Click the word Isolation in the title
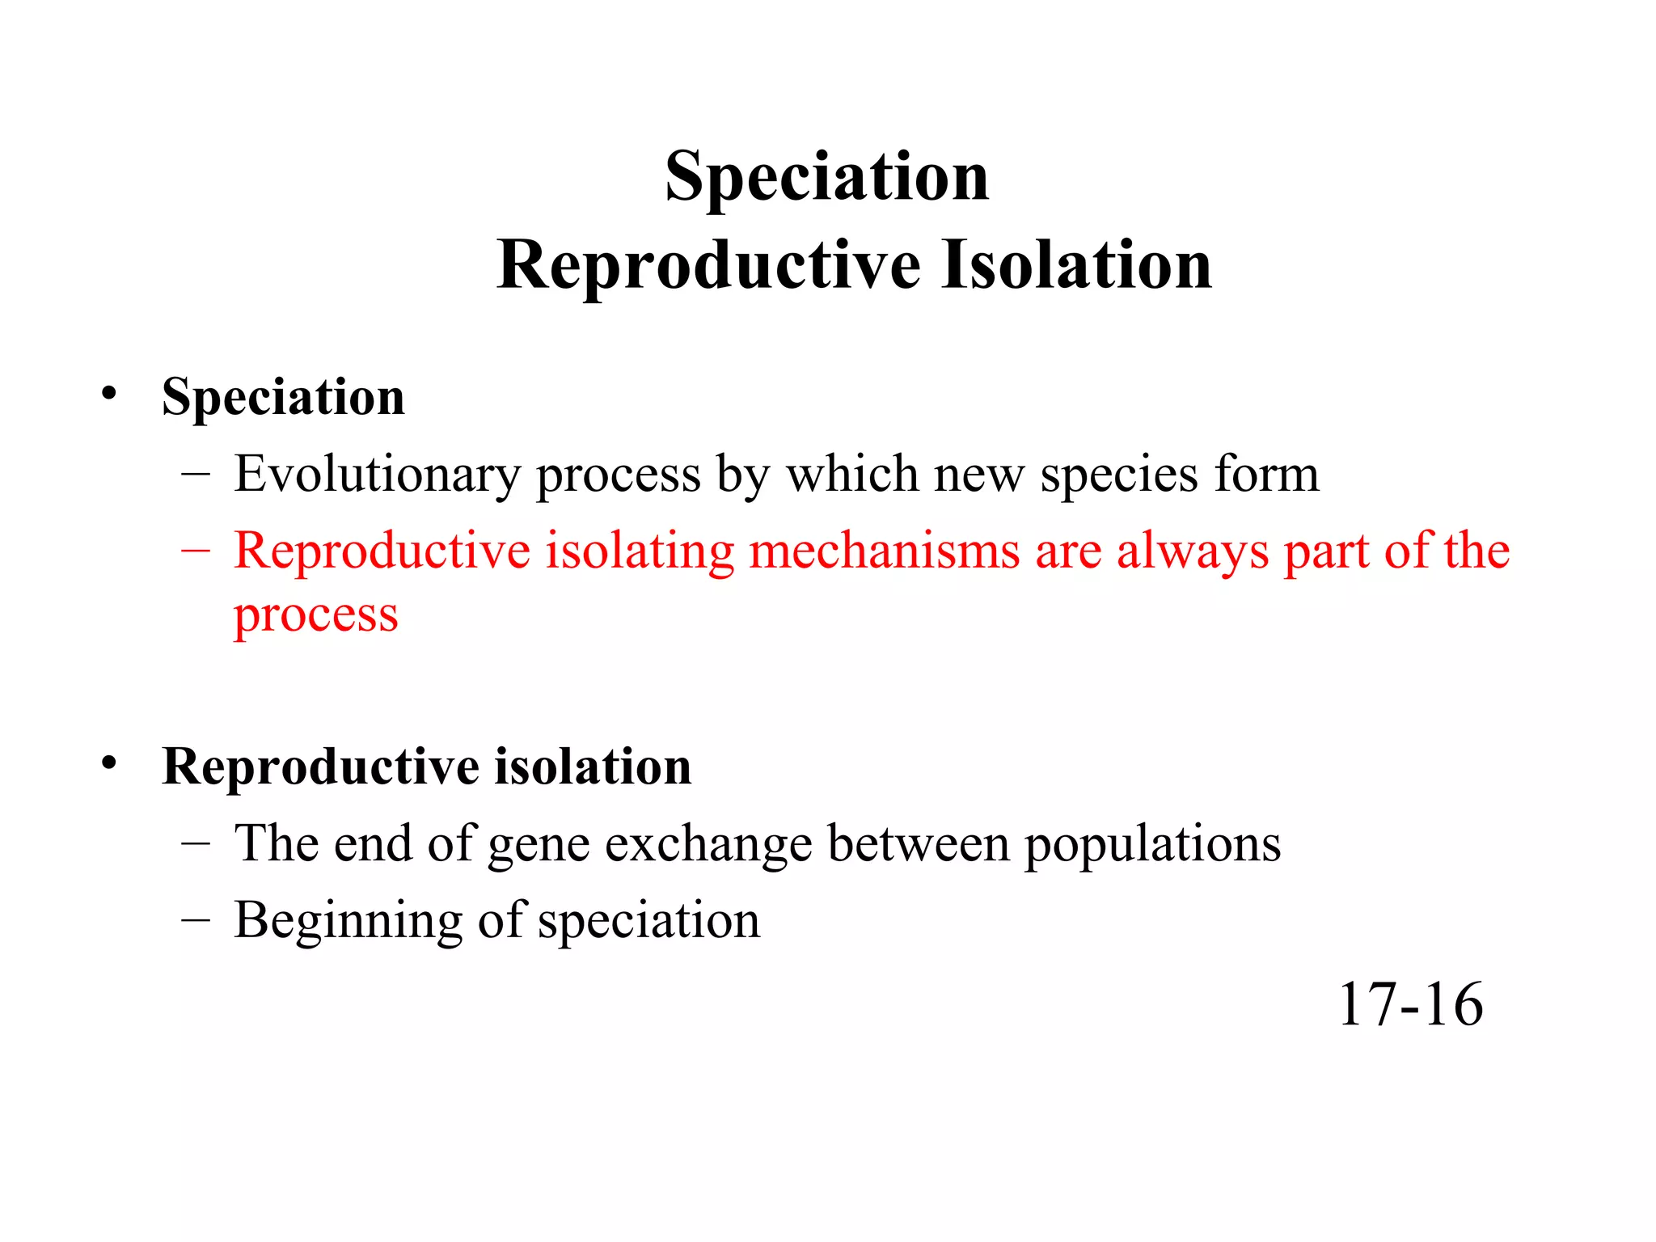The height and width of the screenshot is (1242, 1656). [x=1076, y=265]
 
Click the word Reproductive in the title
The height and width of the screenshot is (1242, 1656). [x=708, y=265]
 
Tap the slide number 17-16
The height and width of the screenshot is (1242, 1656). [x=1410, y=1004]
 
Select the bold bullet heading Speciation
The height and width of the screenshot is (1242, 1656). [x=283, y=397]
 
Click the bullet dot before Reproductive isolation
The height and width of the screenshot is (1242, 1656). [x=109, y=763]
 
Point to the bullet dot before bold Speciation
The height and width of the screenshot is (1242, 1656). [x=109, y=394]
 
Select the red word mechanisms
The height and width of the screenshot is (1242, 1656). [x=885, y=551]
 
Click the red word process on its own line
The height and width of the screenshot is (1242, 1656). [x=316, y=616]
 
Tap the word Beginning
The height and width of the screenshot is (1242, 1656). [x=348, y=922]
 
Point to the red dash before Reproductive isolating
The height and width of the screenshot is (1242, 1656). [x=196, y=551]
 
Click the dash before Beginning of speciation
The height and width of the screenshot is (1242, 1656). [x=196, y=919]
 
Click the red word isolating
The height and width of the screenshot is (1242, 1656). [x=640, y=551]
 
